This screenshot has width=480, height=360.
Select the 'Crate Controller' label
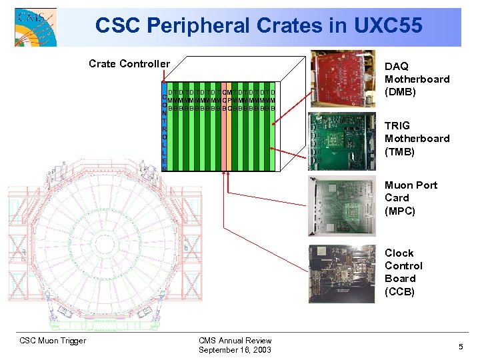[129, 64]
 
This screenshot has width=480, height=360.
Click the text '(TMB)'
[400, 151]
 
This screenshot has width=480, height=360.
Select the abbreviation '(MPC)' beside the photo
[400, 211]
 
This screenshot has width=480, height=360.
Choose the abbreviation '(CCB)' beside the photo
[400, 291]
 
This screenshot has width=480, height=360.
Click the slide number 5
[460, 346]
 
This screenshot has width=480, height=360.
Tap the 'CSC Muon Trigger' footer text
[52, 341]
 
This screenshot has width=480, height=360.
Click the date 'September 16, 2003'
[235, 350]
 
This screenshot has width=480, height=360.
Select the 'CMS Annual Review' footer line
[235, 341]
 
